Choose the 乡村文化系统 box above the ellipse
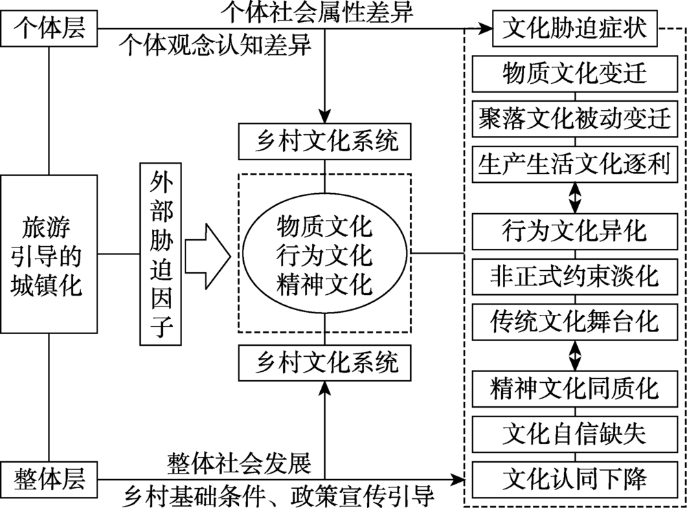[324, 144]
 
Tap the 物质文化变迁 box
[574, 73]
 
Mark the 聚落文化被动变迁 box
[574, 118]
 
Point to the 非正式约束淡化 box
[574, 276]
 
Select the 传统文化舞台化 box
[574, 320]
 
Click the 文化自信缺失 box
[574, 433]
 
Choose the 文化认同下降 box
[574, 478]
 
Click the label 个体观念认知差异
[216, 45]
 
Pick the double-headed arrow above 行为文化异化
[574, 197]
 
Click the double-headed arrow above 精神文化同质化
[574, 354]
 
